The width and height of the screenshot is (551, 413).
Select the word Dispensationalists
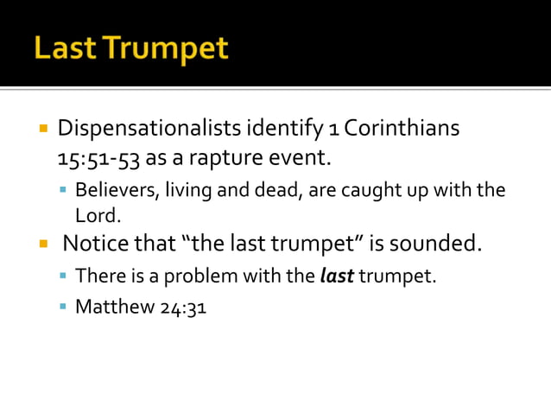tap(150, 129)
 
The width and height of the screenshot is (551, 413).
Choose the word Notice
tap(94, 244)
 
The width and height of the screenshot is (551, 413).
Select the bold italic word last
tap(336, 276)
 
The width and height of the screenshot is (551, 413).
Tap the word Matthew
tap(112, 307)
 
